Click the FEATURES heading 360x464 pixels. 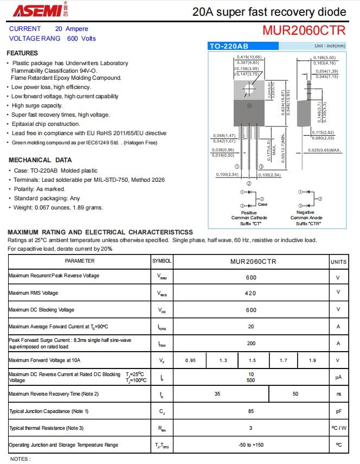[22, 53]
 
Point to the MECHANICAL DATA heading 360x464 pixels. [40, 160]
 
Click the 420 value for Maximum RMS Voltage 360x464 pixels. [250, 293]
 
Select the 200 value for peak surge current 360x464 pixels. [250, 344]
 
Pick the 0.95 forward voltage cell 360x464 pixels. [190, 360]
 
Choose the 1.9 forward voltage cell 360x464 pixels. [312, 360]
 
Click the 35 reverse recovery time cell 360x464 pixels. [217, 394]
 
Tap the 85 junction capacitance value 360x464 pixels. [250, 411]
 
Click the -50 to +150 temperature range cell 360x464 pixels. [250, 445]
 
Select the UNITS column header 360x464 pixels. [338, 262]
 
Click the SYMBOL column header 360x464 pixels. [162, 261]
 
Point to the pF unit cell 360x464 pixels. [338, 411]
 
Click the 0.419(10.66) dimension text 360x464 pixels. [249, 57]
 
